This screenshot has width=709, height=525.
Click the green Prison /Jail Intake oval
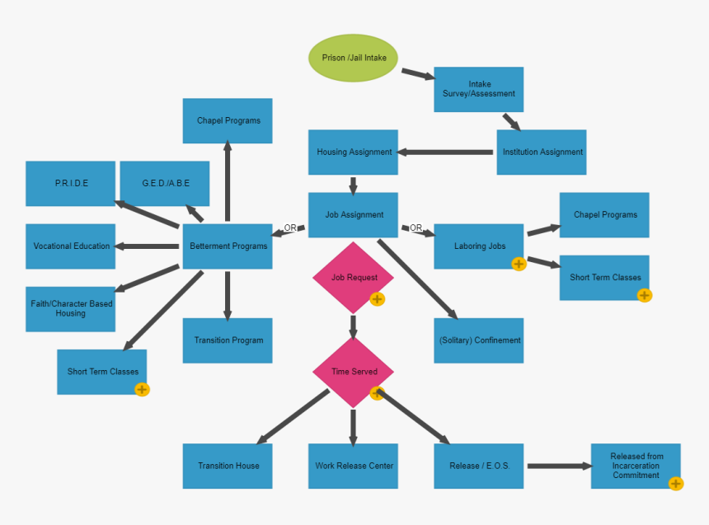353,59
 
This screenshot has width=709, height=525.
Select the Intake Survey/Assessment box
478,89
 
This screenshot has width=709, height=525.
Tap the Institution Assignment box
541,152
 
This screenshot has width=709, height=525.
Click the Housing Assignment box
353,152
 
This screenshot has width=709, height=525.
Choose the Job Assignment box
353,214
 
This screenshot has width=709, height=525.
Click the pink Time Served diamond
353,371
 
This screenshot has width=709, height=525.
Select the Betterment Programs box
228,246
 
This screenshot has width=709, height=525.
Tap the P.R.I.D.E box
70,183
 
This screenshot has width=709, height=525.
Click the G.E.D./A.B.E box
165,183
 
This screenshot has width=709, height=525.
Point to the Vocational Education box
70,246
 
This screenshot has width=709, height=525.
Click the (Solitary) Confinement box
478,340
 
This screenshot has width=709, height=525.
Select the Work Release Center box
353,466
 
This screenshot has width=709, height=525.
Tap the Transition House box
228,466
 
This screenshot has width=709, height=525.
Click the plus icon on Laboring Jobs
519,264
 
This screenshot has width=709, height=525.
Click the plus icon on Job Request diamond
378,299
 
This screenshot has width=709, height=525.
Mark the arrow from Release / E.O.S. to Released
558,466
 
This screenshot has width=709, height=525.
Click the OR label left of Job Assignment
290,227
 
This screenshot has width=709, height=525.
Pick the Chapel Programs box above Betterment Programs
228,120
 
